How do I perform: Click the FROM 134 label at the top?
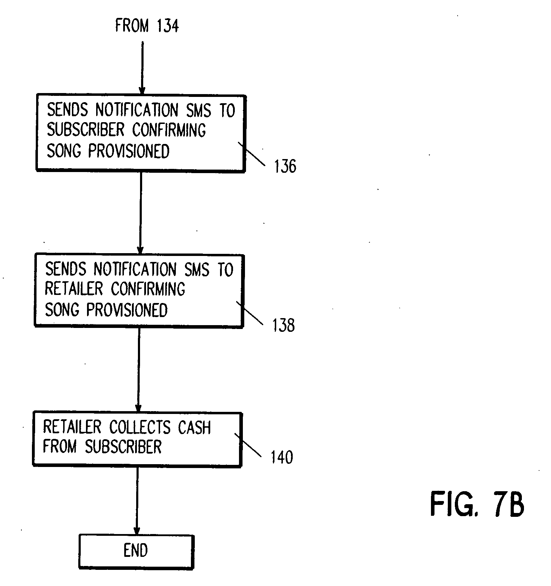pos(147,26)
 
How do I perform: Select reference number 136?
pos(285,166)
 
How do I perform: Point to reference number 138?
pos(284,325)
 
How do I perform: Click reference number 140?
pos(282,457)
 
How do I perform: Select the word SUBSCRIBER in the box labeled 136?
pos(86,130)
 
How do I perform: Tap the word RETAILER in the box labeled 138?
pos(74,289)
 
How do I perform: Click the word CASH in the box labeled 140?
pos(194,427)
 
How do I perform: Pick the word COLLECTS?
pos(140,427)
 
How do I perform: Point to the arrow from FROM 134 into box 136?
pos(142,68)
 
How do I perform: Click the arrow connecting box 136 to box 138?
pos(140,213)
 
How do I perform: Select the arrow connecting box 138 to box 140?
pos(139,370)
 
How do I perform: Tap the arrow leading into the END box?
pos(137,501)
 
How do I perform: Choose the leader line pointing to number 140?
pos(248,445)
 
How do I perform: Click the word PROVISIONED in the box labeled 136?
pos(129,151)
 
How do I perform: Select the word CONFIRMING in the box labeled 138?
pos(148,289)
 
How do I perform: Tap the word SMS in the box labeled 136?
pos(199,110)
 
